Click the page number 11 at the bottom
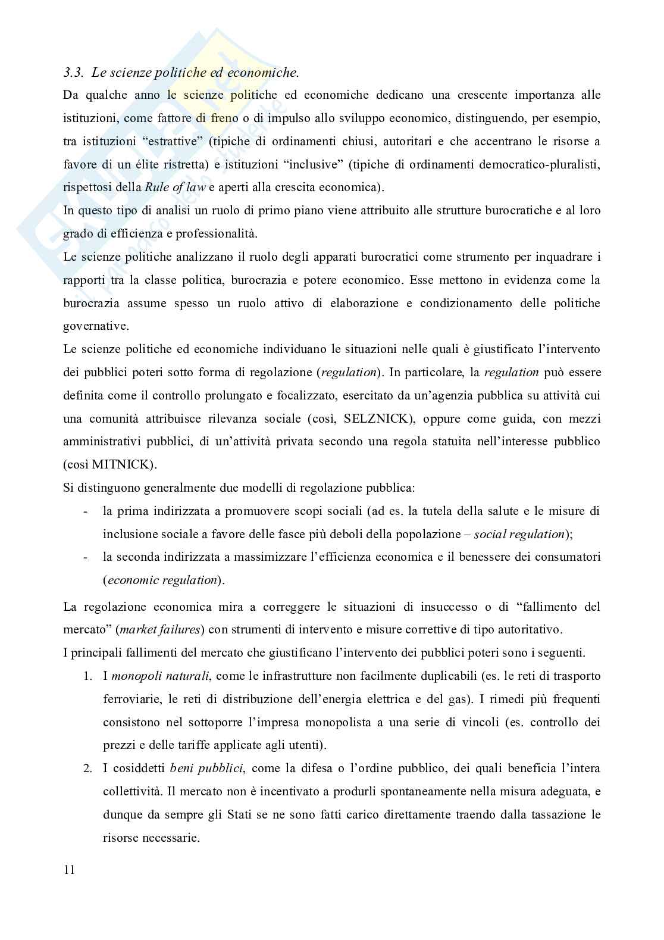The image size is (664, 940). point(69,870)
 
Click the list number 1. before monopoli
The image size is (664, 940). point(87,676)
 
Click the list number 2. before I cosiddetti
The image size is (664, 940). point(87,768)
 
